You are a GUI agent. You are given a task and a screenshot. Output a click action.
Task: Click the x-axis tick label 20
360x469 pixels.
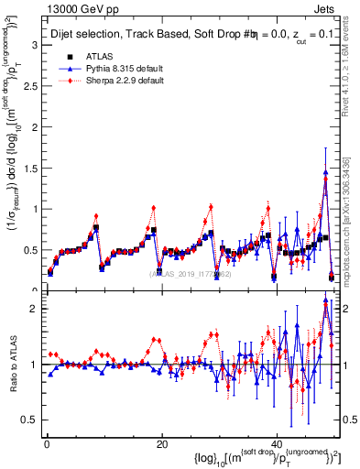162,444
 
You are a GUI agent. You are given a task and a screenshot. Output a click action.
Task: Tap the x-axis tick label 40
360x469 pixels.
278,444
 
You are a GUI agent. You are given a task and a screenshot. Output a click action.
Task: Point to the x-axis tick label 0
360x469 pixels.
47,444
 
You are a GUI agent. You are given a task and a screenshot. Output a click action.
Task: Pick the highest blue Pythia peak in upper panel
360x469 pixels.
325,172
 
